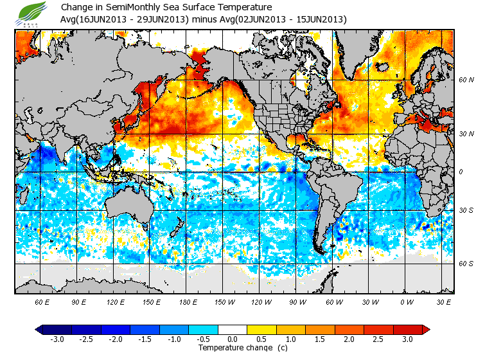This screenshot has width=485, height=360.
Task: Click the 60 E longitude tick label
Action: [42, 301]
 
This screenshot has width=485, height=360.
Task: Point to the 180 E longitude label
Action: [188, 301]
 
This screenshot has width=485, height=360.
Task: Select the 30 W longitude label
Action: [370, 301]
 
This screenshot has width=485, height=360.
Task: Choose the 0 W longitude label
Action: [406, 301]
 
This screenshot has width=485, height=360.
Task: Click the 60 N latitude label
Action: [466, 80]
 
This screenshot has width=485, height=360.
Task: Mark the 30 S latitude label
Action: [466, 211]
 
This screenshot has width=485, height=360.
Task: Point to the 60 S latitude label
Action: [466, 264]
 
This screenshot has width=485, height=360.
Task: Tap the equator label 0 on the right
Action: [460, 172]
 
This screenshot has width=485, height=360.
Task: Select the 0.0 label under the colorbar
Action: [233, 339]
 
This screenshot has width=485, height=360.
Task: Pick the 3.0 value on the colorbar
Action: [408, 339]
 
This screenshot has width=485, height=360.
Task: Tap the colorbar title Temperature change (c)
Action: [234, 348]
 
